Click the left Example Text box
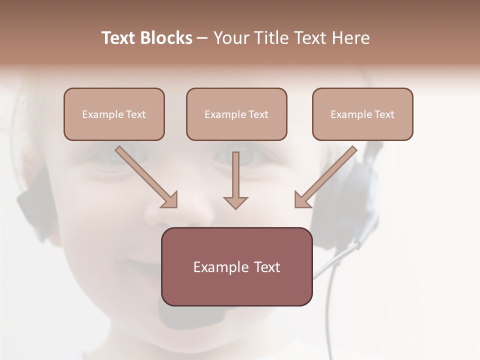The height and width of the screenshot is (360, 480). click(x=114, y=114)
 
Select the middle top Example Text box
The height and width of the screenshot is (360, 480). click(x=236, y=114)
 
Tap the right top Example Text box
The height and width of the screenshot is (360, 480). click(x=362, y=114)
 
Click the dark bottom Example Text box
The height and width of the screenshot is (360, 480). click(x=236, y=266)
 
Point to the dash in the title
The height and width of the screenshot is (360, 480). click(x=202, y=38)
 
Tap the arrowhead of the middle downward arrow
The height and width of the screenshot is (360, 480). click(x=235, y=202)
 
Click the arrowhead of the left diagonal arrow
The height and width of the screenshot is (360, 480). click(x=170, y=200)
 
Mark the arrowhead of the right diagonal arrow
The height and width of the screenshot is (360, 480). click(x=301, y=200)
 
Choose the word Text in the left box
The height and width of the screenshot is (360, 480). click(x=136, y=114)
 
